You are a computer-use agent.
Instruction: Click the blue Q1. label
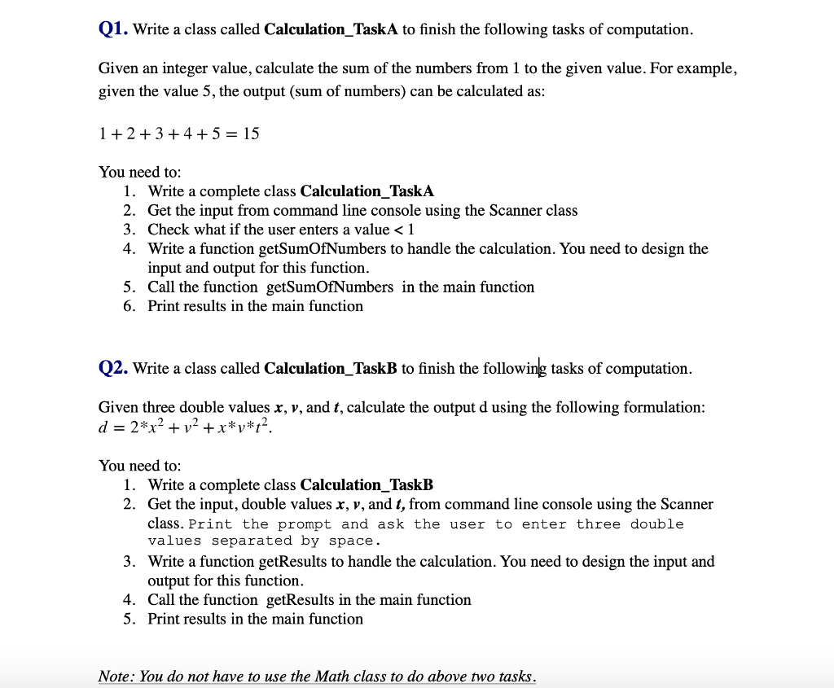click(112, 29)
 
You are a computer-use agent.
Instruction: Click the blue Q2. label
click(112, 368)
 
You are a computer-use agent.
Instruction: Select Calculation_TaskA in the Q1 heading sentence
click(331, 29)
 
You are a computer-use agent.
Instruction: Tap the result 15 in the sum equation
click(251, 133)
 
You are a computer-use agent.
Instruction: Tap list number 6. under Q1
click(129, 306)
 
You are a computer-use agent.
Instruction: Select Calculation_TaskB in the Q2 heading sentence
click(331, 368)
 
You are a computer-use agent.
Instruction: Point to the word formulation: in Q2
click(664, 406)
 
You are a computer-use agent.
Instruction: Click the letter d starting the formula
click(103, 426)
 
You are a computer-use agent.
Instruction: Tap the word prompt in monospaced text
click(305, 524)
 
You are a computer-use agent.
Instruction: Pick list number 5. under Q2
click(129, 619)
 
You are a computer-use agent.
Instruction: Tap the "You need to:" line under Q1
click(139, 172)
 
